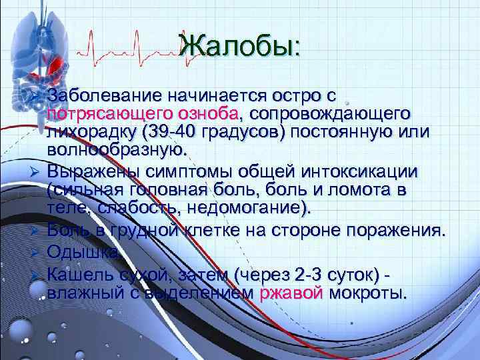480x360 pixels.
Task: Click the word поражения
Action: coord(397,232)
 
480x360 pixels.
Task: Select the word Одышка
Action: coord(84,253)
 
